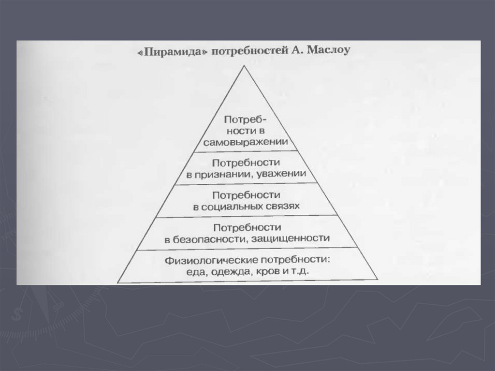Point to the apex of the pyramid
tap(247, 67)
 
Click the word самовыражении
tap(246, 143)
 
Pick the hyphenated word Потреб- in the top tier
tap(246, 119)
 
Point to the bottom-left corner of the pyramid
tap(117, 282)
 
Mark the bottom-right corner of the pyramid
tap(378, 280)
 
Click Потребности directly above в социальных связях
tap(246, 195)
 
